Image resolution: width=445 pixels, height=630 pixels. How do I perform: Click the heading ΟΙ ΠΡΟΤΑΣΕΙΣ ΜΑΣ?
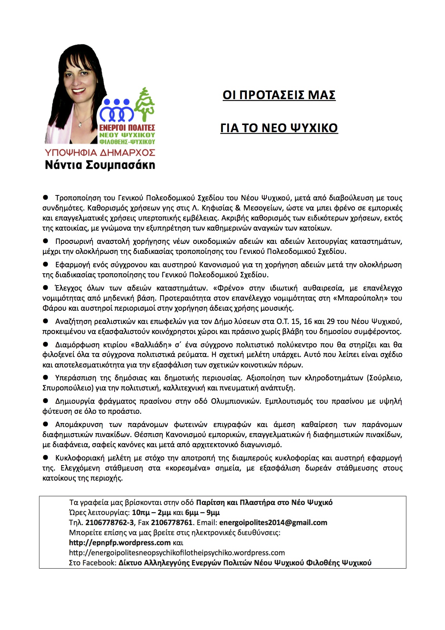[x=279, y=95]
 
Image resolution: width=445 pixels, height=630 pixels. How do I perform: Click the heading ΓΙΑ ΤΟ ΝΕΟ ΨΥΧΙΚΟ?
[x=279, y=128]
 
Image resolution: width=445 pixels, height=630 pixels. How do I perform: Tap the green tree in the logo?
[x=145, y=104]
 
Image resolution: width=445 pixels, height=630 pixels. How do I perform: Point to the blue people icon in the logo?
[x=117, y=110]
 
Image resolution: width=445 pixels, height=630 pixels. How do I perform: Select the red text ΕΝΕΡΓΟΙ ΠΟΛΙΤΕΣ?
[x=127, y=128]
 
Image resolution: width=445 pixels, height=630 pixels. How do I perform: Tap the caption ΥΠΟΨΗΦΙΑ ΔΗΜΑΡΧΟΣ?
[x=100, y=152]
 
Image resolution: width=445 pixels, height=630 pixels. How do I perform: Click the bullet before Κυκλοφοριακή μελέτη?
[x=46, y=458]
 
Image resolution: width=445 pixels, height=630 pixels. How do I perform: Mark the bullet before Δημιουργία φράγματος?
[x=46, y=401]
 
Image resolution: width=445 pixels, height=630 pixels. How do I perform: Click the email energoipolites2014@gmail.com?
[x=273, y=523]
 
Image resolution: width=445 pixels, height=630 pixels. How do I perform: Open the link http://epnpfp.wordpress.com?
[x=120, y=543]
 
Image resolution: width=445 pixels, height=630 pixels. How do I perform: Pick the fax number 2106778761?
[x=172, y=523]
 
